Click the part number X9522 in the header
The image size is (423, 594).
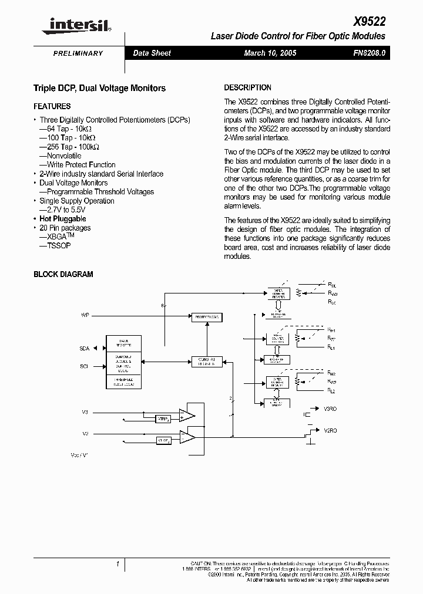point(370,22)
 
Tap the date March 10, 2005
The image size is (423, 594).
point(270,53)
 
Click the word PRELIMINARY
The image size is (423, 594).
point(78,53)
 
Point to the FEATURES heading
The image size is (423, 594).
point(52,106)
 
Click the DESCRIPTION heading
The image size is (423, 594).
point(248,87)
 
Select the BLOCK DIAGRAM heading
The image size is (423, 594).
point(63,274)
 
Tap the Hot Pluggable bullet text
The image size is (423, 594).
point(63,219)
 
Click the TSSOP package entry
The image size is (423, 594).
point(55,246)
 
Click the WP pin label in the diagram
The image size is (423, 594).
point(85,316)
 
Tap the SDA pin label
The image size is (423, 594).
point(84,349)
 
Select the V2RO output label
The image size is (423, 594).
point(330,430)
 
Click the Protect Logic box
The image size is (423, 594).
point(206,317)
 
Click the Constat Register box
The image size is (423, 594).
point(206,362)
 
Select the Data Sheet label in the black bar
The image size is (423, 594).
point(152,53)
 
